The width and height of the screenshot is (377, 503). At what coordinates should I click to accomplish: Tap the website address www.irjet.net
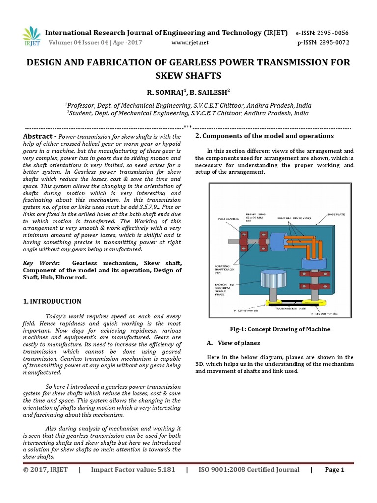pyautogui.click(x=189, y=42)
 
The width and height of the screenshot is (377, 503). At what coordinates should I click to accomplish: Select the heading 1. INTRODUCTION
pyautogui.click(x=52, y=301)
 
